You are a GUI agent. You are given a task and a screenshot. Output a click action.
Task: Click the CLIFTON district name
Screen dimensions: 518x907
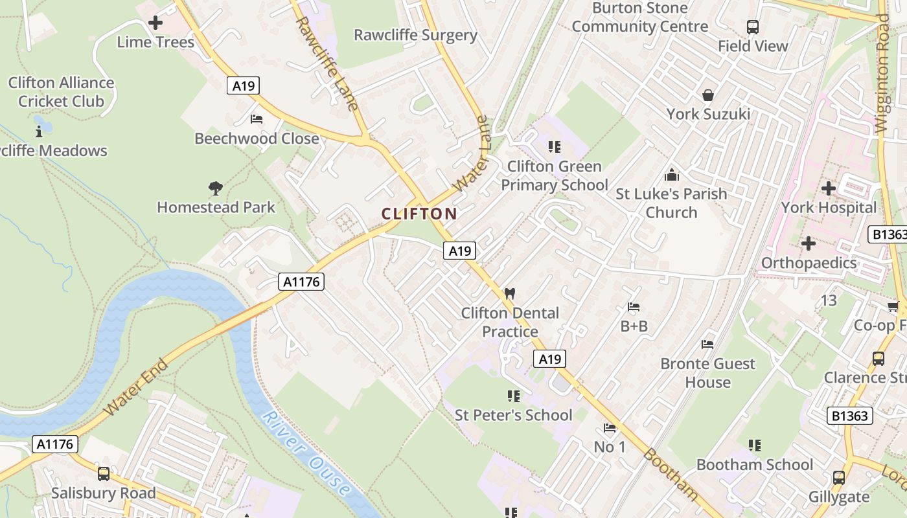point(419,214)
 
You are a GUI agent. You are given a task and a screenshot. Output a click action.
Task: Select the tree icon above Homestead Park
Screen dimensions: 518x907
point(216,188)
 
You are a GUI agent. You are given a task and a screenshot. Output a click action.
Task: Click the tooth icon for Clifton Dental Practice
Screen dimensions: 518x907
point(509,293)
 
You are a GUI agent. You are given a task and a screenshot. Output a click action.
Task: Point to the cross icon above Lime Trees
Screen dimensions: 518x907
point(155,23)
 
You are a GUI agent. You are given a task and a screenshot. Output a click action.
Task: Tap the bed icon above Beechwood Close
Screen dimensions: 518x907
point(257,119)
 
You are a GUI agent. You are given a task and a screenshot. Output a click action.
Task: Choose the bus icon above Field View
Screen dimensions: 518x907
point(752,27)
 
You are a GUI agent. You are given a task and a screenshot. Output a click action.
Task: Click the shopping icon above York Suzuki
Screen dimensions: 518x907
point(708,95)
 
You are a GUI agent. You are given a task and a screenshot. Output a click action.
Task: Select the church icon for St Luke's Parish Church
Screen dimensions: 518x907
point(671,175)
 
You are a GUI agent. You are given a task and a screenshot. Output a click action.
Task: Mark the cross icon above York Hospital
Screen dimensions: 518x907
point(828,189)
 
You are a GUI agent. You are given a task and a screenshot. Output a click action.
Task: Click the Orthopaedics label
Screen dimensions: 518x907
point(809,263)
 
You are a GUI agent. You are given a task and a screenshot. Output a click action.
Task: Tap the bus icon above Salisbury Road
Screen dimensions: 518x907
point(103,474)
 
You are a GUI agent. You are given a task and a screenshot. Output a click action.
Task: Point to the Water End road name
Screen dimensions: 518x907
point(136,387)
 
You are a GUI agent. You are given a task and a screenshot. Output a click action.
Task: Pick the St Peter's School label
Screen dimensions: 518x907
point(513,415)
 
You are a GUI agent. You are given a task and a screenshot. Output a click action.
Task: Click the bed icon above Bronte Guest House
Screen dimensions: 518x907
point(707,344)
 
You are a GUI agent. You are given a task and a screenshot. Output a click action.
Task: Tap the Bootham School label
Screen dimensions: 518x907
point(754,464)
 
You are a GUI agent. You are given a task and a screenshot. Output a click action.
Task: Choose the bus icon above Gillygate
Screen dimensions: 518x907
point(839,478)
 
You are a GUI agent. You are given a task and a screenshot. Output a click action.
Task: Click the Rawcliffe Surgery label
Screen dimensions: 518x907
point(415,35)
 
